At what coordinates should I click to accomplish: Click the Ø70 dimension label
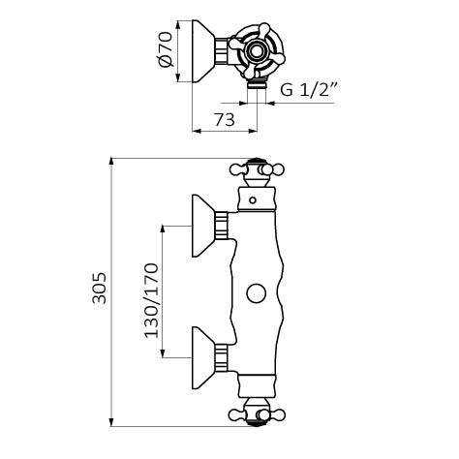click(x=166, y=49)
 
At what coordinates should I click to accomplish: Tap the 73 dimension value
click(x=225, y=120)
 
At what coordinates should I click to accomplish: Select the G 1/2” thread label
click(x=309, y=90)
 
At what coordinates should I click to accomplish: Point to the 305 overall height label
click(x=99, y=288)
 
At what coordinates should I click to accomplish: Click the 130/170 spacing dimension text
click(x=151, y=301)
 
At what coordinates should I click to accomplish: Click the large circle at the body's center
click(x=257, y=293)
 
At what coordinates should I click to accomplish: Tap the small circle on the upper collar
click(x=253, y=200)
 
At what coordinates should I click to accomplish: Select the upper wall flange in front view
click(x=203, y=226)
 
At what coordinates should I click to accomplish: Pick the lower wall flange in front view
click(x=203, y=357)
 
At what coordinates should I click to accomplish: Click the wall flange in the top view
click(x=203, y=51)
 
